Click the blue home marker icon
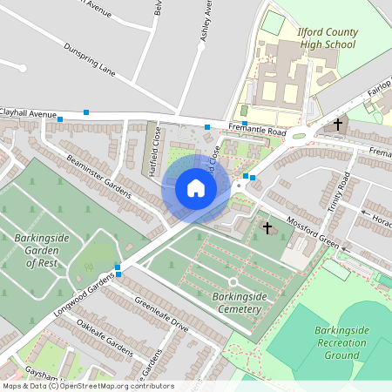tap(195, 188)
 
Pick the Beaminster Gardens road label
tap(98, 174)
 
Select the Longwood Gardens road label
tap(84, 288)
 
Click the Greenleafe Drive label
tap(161, 315)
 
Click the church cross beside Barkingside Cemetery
tap(267, 228)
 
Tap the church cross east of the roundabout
tap(338, 125)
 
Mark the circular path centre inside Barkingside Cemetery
tap(233, 282)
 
